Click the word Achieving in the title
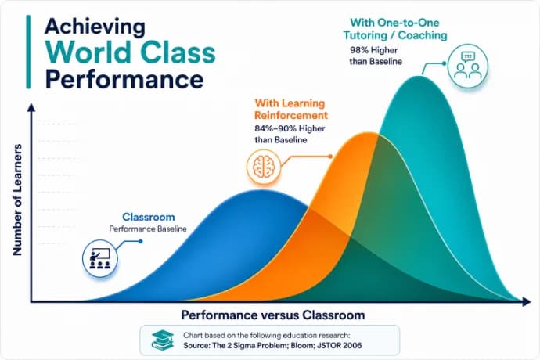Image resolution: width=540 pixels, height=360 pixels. (95, 27)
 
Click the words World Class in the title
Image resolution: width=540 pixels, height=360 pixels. (130, 52)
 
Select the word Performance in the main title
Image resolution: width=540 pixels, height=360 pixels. (124, 80)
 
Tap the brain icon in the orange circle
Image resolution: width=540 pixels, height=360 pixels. (264, 167)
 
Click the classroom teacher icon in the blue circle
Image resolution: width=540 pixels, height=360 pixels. (100, 258)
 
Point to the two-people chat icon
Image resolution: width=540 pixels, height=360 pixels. (468, 65)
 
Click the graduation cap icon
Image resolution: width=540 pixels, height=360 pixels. (162, 340)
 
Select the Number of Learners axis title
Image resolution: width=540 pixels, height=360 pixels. (17, 200)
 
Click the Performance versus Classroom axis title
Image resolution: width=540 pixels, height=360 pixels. (273, 315)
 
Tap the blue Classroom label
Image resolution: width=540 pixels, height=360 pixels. (149, 217)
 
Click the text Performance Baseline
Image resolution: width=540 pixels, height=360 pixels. (148, 229)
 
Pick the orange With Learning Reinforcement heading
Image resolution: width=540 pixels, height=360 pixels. (291, 109)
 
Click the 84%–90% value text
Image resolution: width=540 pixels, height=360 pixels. (275, 128)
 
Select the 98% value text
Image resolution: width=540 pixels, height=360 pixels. (359, 50)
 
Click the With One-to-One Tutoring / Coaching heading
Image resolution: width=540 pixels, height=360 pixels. (395, 29)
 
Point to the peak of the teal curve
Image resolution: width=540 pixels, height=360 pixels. (419, 76)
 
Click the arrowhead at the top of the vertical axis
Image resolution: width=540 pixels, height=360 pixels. (31, 107)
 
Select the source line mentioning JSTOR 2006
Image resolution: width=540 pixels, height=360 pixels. (272, 345)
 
